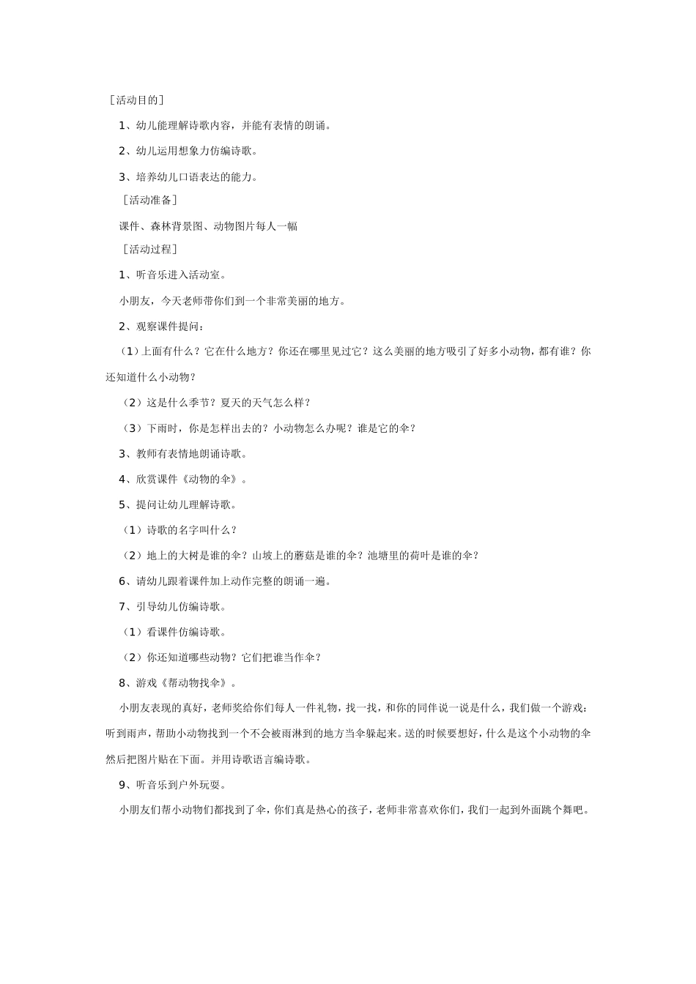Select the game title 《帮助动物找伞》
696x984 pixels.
point(196,683)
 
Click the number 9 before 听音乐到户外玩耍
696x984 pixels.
point(123,786)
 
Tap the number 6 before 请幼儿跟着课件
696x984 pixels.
point(123,581)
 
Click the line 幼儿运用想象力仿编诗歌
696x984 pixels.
point(195,152)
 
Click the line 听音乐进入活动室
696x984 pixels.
point(180,275)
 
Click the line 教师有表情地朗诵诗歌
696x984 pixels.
point(190,454)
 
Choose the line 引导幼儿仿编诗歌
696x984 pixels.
point(180,607)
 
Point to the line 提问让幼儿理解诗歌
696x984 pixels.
point(185,504)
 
